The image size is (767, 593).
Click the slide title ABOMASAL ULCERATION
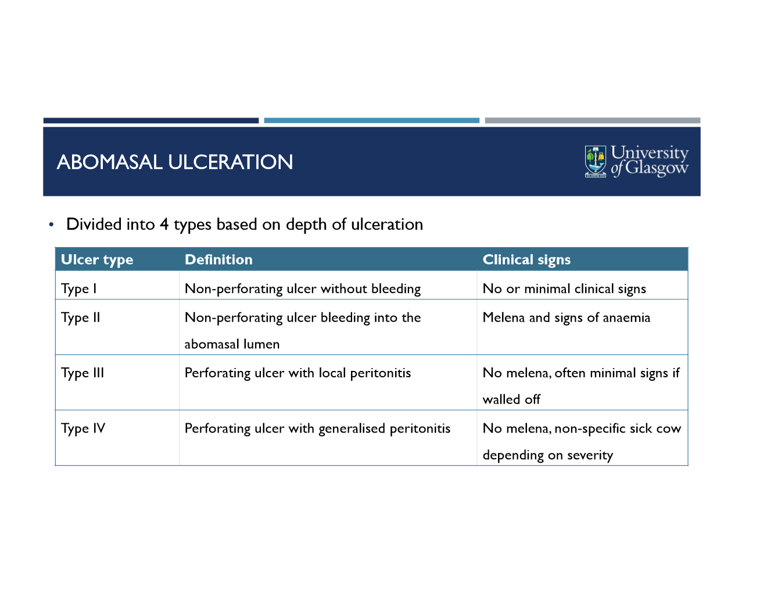click(x=174, y=162)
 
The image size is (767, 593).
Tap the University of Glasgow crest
click(x=596, y=161)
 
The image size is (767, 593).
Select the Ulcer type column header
click(x=97, y=260)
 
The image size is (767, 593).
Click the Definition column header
click(x=218, y=260)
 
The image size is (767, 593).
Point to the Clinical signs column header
click(x=526, y=260)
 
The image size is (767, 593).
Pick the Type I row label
click(x=79, y=289)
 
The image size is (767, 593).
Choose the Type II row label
click(x=81, y=318)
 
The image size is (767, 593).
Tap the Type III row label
click(x=83, y=373)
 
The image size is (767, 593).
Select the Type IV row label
click(x=83, y=428)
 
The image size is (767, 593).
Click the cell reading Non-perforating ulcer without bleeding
click(x=302, y=289)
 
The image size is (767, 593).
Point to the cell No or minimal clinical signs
click(x=564, y=289)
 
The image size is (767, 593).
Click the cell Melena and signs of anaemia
click(x=566, y=318)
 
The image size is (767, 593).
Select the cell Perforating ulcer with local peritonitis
click(x=298, y=373)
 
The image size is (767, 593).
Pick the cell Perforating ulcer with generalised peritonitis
click(x=317, y=428)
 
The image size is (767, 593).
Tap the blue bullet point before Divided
click(x=52, y=224)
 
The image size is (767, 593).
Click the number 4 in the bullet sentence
click(x=164, y=224)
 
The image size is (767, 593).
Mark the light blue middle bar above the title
click(x=372, y=120)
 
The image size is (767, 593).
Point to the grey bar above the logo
click(x=593, y=120)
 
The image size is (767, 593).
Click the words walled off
click(x=511, y=399)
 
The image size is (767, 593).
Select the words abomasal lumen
click(x=232, y=344)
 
